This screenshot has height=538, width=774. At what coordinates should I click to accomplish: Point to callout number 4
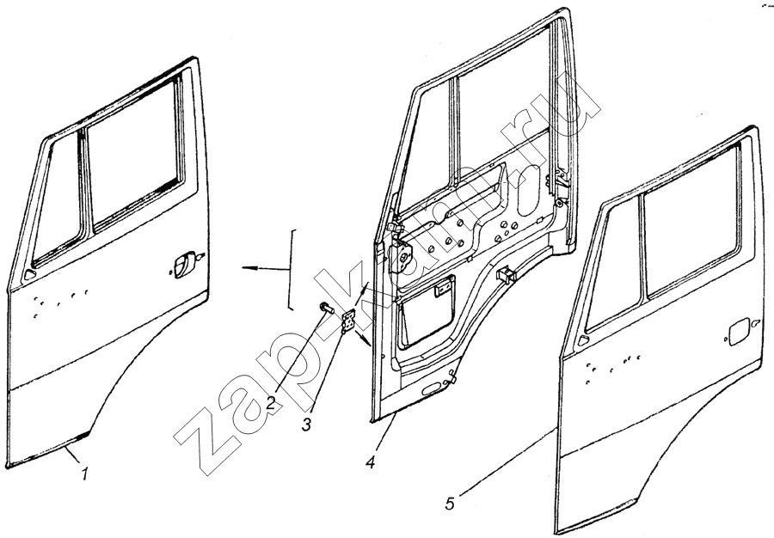[370, 462]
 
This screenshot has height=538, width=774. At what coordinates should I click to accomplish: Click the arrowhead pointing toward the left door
[249, 269]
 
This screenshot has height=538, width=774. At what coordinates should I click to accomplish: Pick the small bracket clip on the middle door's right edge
[505, 274]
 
